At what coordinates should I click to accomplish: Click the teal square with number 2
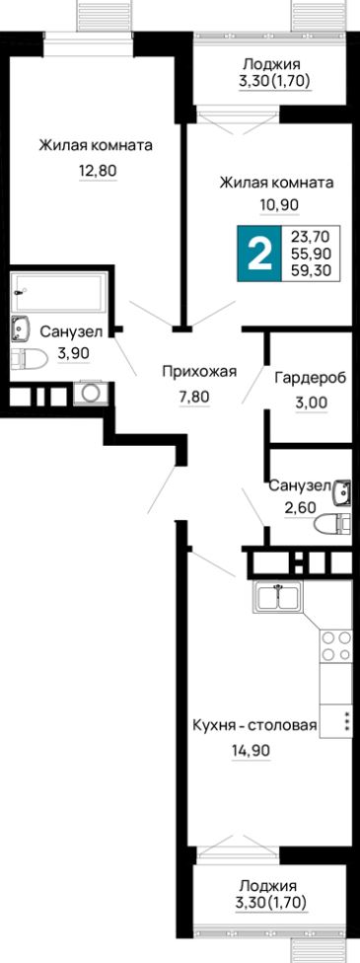tap(258, 253)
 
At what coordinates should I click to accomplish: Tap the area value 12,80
tap(97, 170)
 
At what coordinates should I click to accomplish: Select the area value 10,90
tap(277, 204)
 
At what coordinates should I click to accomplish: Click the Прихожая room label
tap(200, 371)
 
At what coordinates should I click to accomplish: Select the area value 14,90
tap(250, 750)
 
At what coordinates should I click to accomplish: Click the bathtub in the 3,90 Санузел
tap(58, 292)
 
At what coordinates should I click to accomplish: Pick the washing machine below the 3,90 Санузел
tap(92, 392)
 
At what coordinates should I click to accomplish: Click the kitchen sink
tap(280, 597)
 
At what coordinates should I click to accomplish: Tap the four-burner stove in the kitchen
tap(335, 645)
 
